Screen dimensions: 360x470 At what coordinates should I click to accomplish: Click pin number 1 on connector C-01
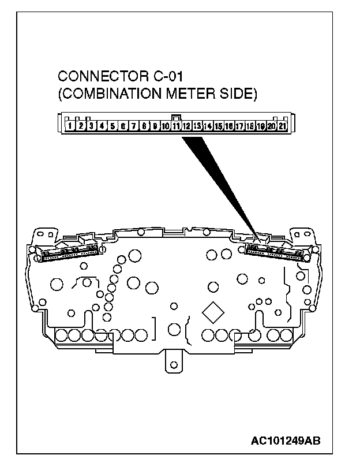tap(69, 125)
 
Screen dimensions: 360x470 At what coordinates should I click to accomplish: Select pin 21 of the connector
tap(283, 125)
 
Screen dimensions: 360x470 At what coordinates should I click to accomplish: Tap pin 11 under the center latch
tap(176, 125)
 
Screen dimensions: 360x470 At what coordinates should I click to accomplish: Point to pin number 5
tap(112, 125)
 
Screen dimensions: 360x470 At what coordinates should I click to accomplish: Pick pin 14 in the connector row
tap(208, 125)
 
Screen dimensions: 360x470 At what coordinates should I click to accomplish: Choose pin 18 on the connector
tap(250, 125)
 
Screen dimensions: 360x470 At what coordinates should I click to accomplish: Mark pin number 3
tap(91, 125)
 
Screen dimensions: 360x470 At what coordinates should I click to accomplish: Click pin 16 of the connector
tap(229, 125)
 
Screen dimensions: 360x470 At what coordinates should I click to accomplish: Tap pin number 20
tap(271, 125)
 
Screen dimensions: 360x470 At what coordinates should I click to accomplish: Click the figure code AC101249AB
tap(285, 441)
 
